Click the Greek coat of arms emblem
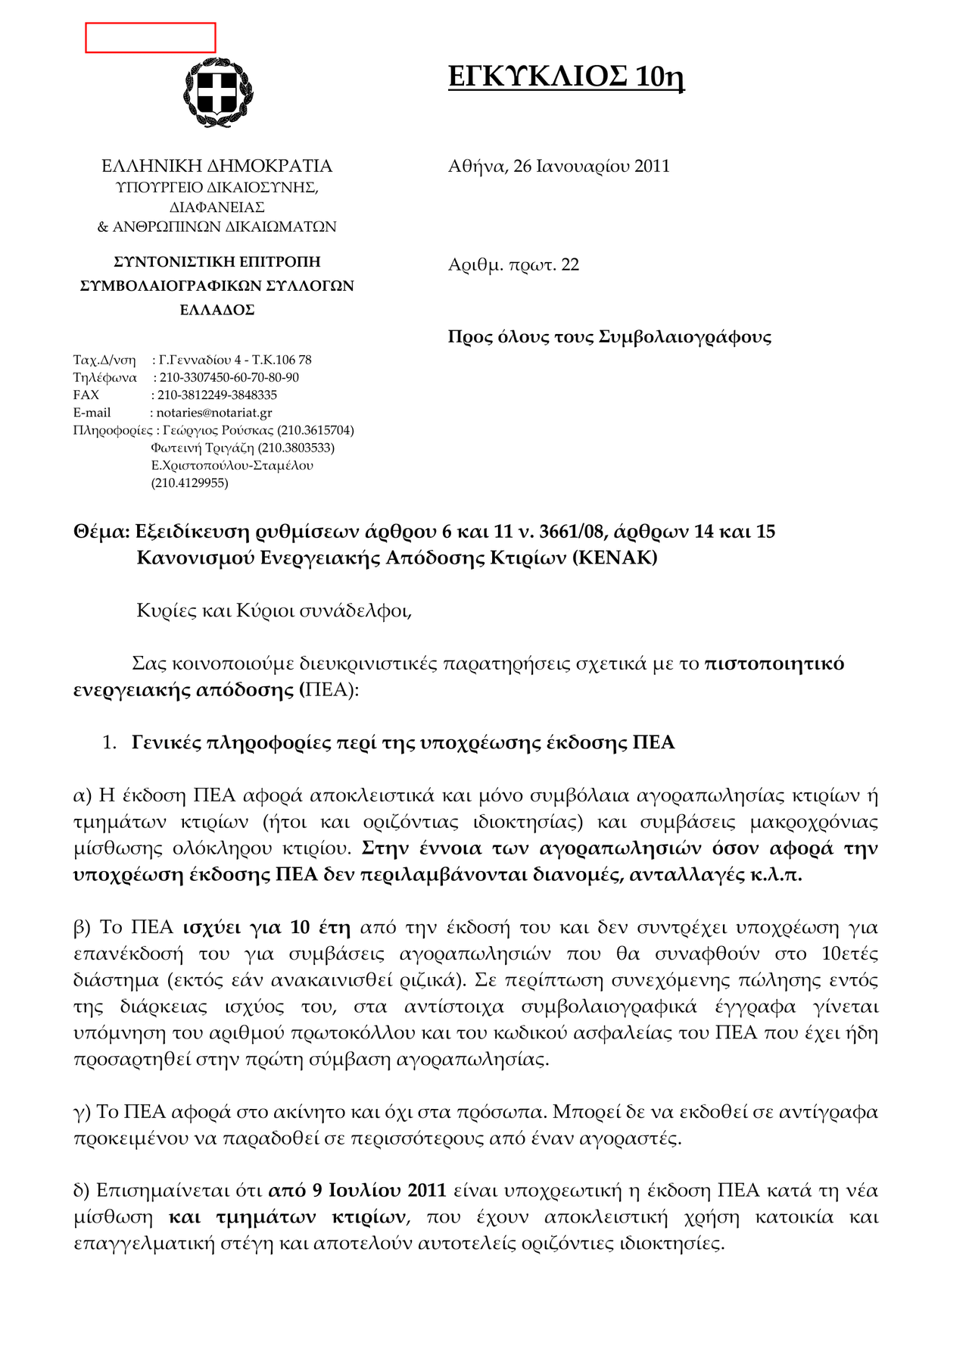(x=217, y=92)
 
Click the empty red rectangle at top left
(x=150, y=38)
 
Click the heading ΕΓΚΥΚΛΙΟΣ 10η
(x=566, y=77)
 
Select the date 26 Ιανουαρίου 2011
(x=591, y=166)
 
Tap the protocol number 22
(x=570, y=264)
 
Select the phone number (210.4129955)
(x=189, y=483)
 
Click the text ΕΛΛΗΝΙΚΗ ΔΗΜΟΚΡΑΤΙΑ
(x=217, y=166)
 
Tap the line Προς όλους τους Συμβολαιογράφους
(x=609, y=336)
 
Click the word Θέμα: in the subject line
(x=101, y=532)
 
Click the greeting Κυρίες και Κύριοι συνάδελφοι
(x=274, y=611)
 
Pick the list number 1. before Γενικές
(x=109, y=742)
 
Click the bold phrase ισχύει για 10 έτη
(x=266, y=927)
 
